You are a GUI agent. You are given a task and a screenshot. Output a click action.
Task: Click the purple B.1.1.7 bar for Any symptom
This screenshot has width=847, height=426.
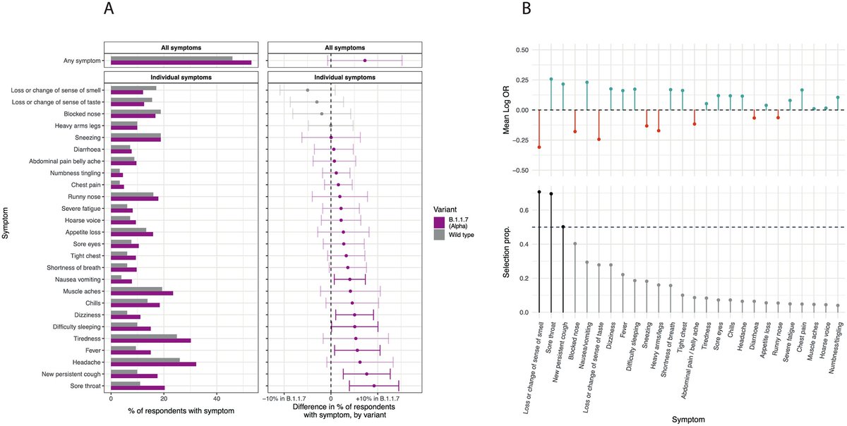click(181, 63)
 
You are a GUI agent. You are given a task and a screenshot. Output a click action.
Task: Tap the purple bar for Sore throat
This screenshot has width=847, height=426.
click(138, 388)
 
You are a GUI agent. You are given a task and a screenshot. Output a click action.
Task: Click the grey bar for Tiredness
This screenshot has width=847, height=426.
click(143, 336)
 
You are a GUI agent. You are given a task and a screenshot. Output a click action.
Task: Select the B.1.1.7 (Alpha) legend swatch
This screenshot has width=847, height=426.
click(439, 222)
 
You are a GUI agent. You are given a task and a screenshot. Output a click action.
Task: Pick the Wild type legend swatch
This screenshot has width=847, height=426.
click(439, 234)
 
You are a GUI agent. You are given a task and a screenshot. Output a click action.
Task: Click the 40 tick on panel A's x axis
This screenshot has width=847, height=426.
click(217, 399)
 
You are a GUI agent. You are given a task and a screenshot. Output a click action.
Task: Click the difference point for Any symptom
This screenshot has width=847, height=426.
click(365, 61)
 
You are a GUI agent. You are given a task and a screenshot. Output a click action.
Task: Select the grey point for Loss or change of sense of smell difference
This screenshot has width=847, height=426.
click(308, 90)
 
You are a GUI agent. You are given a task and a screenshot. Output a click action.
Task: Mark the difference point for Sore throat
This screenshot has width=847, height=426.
click(374, 386)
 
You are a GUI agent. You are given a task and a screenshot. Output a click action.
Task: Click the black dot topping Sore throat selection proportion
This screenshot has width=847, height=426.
click(551, 194)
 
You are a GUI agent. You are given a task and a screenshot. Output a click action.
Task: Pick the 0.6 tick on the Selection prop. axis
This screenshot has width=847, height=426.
click(522, 211)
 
